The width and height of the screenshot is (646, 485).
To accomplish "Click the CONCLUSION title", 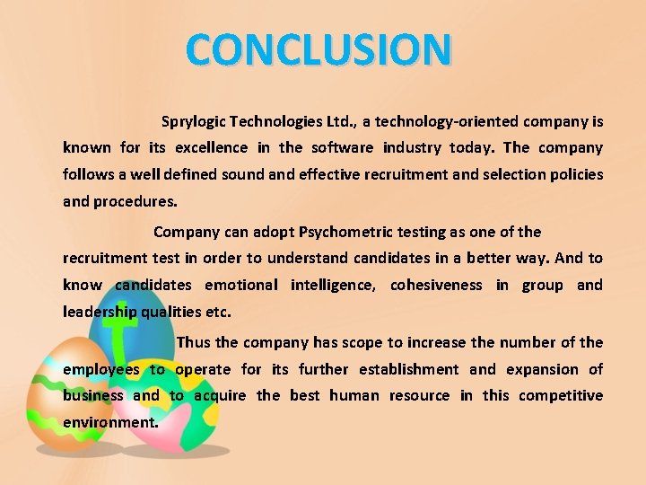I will pyautogui.click(x=319, y=50).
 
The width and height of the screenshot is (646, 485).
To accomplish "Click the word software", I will pyautogui.click(x=342, y=147).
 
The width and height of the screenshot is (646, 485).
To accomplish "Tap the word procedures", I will pyautogui.click(x=135, y=201).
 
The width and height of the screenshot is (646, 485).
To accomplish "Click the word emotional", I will pyautogui.click(x=241, y=286).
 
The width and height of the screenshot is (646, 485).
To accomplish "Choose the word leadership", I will pyautogui.click(x=100, y=313).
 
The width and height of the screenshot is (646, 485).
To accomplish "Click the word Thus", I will pyautogui.click(x=194, y=342).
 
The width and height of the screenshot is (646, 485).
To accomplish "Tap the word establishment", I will pyautogui.click(x=408, y=369).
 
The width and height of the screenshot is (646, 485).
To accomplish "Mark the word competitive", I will pyautogui.click(x=561, y=395).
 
